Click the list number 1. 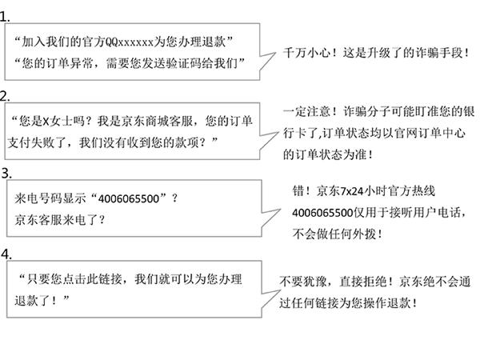point(4,17)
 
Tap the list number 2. point(5,96)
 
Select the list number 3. point(6,174)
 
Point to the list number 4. point(6,254)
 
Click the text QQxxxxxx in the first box point(129,42)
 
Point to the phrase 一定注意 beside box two point(306,111)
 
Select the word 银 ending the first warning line point(469,111)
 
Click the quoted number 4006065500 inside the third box point(129,198)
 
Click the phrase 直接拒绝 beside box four point(363,282)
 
